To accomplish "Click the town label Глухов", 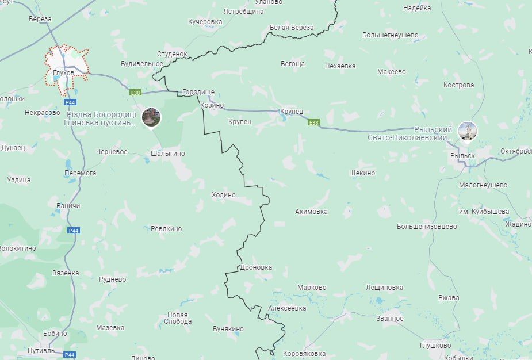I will (x=63, y=73).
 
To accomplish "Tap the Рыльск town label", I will (x=462, y=156).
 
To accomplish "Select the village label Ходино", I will (x=224, y=195).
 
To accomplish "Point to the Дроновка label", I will (x=256, y=267).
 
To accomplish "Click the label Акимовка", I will (x=311, y=212).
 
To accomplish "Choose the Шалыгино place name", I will (x=167, y=153).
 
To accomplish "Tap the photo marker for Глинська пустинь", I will (x=151, y=117).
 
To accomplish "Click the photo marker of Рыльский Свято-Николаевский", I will (x=467, y=131).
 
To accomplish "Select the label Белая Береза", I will (x=292, y=28).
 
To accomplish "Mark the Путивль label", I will (x=41, y=350).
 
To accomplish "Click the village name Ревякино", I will (x=166, y=229).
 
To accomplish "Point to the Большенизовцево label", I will (x=427, y=227).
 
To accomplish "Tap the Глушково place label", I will (x=435, y=346).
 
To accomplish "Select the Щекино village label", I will (x=362, y=173).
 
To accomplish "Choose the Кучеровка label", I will (x=205, y=22).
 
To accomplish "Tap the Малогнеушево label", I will (x=483, y=185).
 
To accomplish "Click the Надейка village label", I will (x=417, y=8).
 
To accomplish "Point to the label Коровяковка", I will (x=304, y=354).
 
